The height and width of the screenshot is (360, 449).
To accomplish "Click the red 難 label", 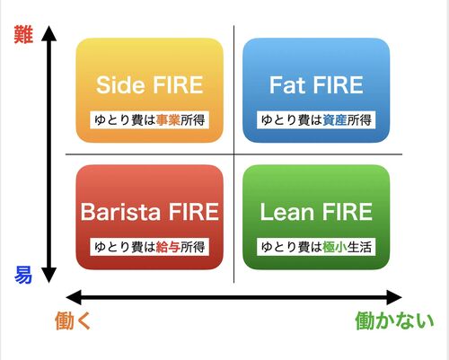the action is point(23,35).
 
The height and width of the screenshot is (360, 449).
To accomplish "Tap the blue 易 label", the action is point(23,275).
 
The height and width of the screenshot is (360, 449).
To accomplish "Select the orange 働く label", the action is point(73,320).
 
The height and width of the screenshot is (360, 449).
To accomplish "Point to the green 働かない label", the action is point(394,320).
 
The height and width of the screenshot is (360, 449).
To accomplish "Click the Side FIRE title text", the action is point(149,85).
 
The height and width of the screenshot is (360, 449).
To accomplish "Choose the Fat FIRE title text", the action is point(316,85).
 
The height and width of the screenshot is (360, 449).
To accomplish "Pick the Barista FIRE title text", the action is point(150,212).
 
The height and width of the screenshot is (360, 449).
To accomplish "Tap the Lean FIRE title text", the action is point(316,212).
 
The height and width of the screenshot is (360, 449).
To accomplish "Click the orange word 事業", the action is point(168,120).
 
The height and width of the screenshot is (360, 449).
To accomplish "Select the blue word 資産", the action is point(335,120).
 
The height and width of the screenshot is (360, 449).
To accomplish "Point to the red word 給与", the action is point(168,247).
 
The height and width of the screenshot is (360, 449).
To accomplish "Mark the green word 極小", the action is point(335,247).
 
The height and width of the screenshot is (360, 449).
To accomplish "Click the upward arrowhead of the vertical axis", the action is point(48,33).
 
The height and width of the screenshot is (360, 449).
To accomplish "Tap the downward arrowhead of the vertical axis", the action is point(48,276).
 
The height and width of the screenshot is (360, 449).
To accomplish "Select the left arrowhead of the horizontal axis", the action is point(74,297).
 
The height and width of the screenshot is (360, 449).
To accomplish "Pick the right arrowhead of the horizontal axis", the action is point(394,297).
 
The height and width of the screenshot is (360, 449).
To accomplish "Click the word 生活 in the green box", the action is point(359,247).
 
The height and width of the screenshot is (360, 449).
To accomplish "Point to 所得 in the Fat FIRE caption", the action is point(359,120).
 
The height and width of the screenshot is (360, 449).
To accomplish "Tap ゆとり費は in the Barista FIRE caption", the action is point(125,247).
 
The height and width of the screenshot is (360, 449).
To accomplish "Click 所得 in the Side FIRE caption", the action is point(193,120).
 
